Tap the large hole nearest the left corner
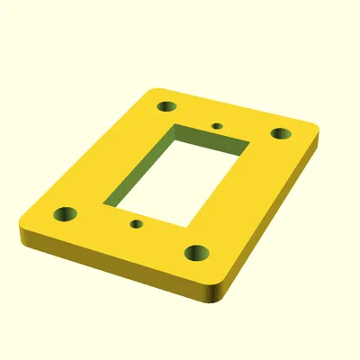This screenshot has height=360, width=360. pyautogui.click(x=66, y=215)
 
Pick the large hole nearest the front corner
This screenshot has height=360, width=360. pyautogui.click(x=198, y=253)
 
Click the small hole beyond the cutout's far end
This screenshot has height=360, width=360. pyautogui.click(x=216, y=125)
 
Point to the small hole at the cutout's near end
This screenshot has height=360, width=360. pyautogui.click(x=136, y=222)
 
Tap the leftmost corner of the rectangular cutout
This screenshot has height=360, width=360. pyautogui.click(x=105, y=203)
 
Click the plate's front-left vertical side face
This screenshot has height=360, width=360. pyautogui.click(x=108, y=265)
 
